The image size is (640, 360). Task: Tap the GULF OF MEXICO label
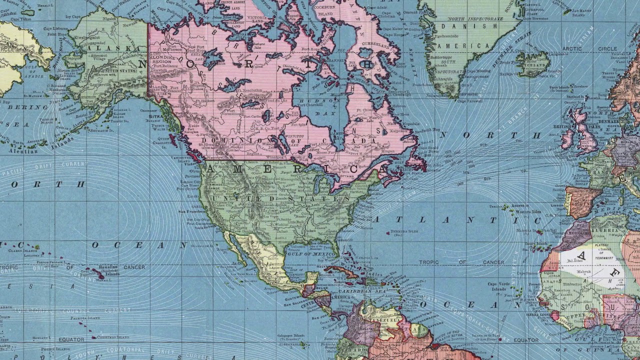tap(317, 254)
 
